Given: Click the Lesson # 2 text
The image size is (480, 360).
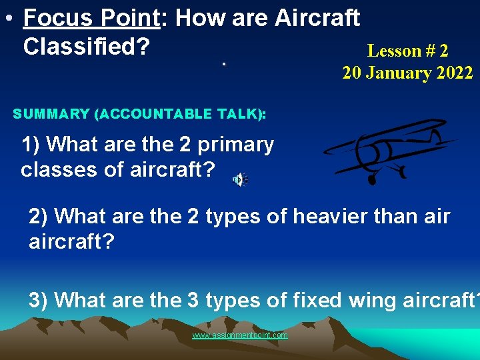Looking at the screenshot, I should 407,51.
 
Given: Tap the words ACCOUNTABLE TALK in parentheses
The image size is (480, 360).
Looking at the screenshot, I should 177,114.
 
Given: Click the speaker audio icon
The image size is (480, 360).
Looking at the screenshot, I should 239,179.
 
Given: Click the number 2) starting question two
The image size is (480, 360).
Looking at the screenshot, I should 39,217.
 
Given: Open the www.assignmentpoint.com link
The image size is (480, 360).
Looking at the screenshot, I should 240,335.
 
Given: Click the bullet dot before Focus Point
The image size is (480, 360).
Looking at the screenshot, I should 6,19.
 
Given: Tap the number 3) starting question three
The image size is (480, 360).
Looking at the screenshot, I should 39,300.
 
